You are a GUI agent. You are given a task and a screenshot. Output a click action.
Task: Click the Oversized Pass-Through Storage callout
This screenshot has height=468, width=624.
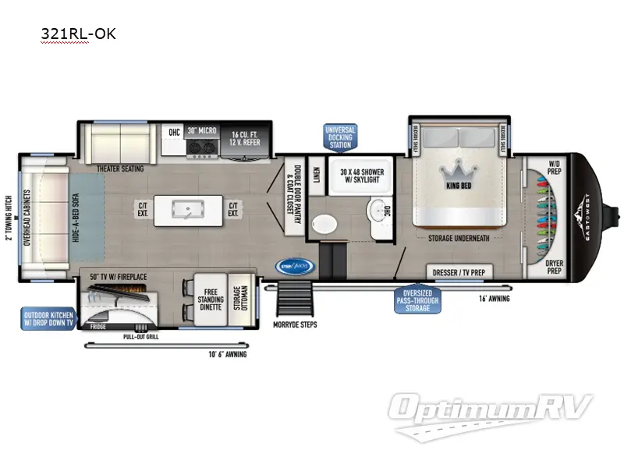pos(417,299)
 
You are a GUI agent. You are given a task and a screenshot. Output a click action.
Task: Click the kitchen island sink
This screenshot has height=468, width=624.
pos(178,209)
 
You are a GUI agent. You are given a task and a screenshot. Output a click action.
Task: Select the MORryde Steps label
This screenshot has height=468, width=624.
pos(295,324)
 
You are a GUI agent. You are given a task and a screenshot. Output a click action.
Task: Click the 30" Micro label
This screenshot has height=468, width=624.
pos(201,132)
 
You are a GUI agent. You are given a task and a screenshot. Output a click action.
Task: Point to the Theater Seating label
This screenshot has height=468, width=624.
pos(119,166)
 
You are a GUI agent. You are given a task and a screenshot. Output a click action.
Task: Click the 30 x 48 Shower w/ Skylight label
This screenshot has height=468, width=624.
pos(361,176)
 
